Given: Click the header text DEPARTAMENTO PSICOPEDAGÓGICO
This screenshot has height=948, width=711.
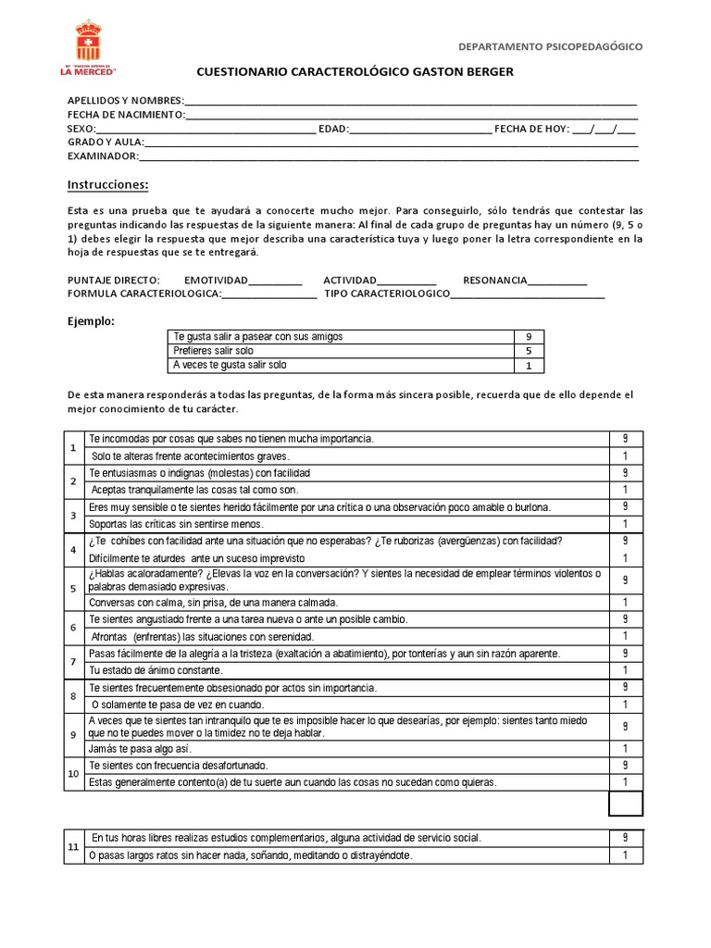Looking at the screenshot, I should coord(551,46).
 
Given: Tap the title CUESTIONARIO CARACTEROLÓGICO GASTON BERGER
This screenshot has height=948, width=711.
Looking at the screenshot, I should coord(355,72).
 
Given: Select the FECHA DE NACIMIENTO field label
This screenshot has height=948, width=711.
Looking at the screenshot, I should coord(126,115).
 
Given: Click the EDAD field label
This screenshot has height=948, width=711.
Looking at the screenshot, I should coord(332,129).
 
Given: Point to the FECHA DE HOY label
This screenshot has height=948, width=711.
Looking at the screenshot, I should coord(530,129).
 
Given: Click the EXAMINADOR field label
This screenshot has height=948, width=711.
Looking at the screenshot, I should coord(103,156).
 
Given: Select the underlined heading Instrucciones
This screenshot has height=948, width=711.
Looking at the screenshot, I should coord(107,185).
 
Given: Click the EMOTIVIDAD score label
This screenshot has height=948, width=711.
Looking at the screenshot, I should coord(216,281).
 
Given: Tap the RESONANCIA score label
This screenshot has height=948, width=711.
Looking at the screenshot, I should coord(494,281).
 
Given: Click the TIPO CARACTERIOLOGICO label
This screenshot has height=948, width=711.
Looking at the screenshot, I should coord(386,294).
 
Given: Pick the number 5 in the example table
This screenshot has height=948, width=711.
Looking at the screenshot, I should coord(528,352).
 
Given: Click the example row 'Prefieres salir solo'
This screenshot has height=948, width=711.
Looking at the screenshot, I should coord(213,352).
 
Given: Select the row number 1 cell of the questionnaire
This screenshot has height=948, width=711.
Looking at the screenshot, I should coord(73,448).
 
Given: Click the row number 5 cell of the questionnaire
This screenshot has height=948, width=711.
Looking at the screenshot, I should coord(73,588).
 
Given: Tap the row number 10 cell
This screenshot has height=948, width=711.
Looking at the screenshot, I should coord(73,774).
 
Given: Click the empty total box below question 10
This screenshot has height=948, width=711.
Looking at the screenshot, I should coord(626,803).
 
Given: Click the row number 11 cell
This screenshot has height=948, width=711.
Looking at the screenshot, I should coord(73,846).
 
